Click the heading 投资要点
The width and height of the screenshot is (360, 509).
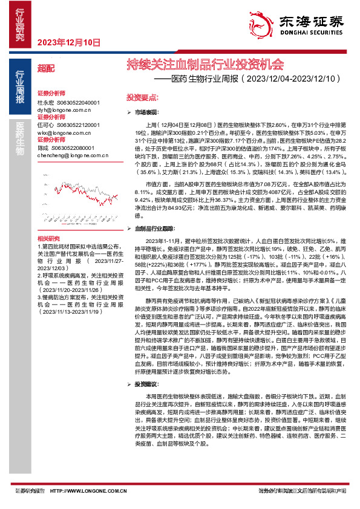pos(142,97)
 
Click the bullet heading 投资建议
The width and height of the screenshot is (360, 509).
pos(147,383)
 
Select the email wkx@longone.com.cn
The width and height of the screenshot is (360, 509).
pos(64,131)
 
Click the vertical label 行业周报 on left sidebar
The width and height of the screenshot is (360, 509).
pos(20,90)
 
